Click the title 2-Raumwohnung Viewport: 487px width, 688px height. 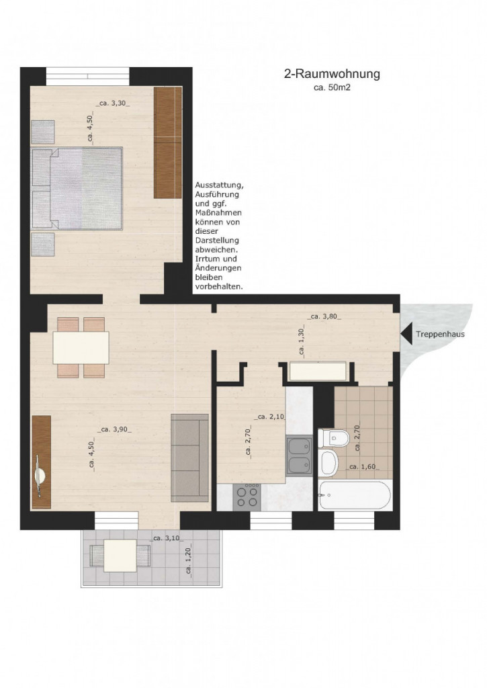click(332, 74)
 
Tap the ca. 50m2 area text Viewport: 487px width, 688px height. click(332, 88)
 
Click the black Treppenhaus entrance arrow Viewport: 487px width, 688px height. click(406, 334)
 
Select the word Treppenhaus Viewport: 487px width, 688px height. click(440, 335)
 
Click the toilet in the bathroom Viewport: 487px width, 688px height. click(333, 437)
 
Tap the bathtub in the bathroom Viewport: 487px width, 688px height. click(355, 495)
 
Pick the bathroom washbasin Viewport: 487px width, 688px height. click(328, 462)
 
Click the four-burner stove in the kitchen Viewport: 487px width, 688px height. click(247, 497)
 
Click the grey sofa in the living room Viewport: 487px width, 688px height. click(189, 458)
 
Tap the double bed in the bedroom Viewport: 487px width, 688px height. click(77, 188)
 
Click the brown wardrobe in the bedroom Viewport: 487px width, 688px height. click(168, 142)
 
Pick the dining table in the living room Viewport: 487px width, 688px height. click(81, 347)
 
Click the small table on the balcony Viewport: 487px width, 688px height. click(120, 556)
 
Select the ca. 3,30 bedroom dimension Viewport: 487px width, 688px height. click(113, 103)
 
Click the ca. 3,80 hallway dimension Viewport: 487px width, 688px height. click(324, 316)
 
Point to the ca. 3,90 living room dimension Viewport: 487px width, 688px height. click(114, 429)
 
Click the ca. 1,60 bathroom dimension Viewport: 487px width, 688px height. click(363, 467)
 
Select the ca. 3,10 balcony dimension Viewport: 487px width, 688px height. click(167, 538)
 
